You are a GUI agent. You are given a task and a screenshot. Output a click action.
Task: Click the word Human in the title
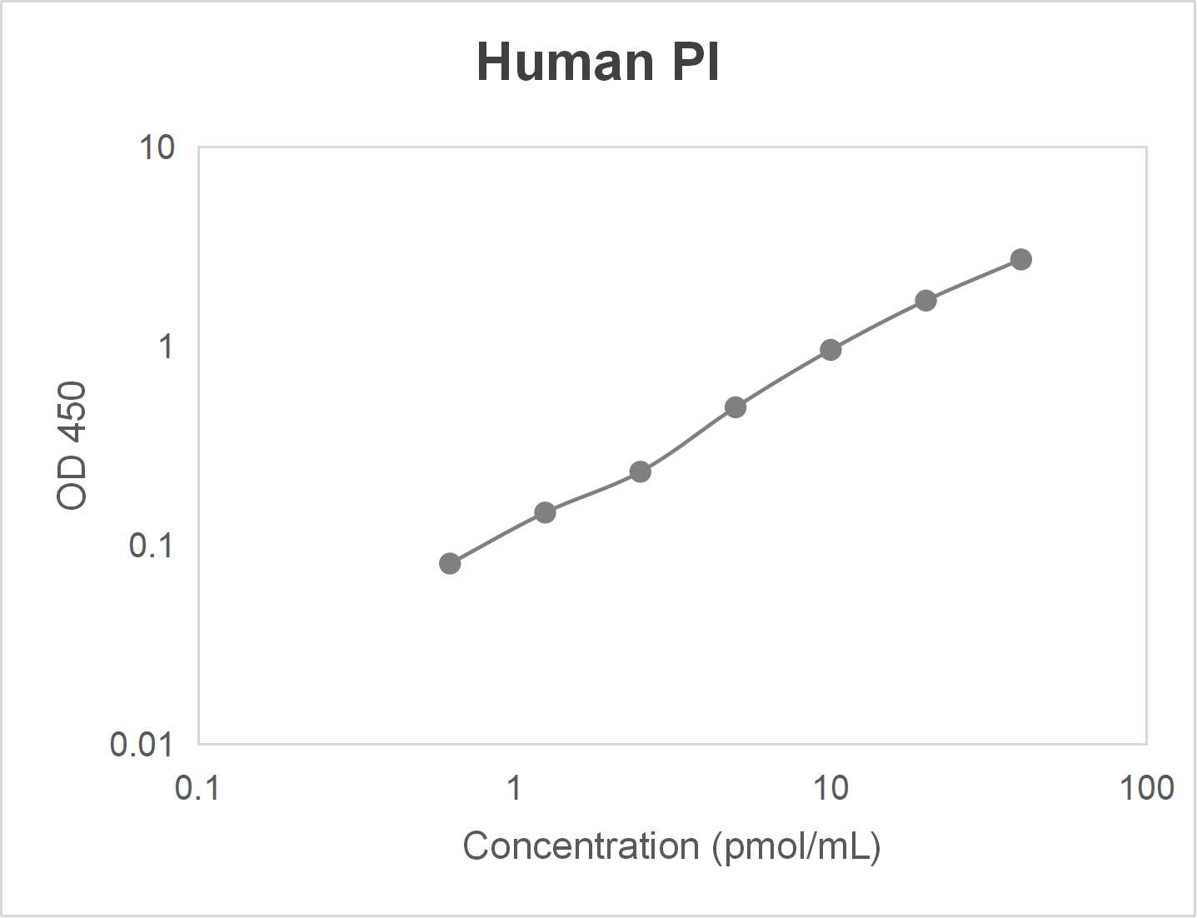[565, 62]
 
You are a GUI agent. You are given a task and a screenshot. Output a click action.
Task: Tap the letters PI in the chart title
[696, 62]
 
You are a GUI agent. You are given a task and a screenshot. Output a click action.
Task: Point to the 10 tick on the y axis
[157, 148]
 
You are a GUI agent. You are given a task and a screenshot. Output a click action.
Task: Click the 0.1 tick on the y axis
[152, 546]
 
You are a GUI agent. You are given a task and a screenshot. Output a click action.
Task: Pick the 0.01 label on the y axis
[142, 744]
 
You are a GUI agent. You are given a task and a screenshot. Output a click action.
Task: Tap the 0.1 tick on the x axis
[197, 787]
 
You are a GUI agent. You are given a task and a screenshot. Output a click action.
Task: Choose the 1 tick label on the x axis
[514, 787]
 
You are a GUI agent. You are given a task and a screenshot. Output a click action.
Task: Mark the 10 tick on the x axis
[830, 787]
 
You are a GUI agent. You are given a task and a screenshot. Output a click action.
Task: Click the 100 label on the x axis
[1146, 787]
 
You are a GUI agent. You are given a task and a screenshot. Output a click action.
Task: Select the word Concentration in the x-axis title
[581, 846]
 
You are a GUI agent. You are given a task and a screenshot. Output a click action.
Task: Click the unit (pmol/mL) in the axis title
[796, 846]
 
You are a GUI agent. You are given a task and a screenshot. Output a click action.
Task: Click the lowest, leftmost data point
[450, 564]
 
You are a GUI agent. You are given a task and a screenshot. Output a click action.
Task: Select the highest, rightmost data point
[1020, 260]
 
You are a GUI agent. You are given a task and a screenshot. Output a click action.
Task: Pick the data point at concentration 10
[830, 350]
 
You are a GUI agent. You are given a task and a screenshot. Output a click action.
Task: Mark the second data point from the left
[545, 512]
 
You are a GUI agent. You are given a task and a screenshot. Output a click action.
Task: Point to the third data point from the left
[640, 472]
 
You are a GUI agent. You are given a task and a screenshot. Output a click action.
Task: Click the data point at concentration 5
[735, 407]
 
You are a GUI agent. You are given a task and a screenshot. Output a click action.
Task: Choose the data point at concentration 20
[925, 301]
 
